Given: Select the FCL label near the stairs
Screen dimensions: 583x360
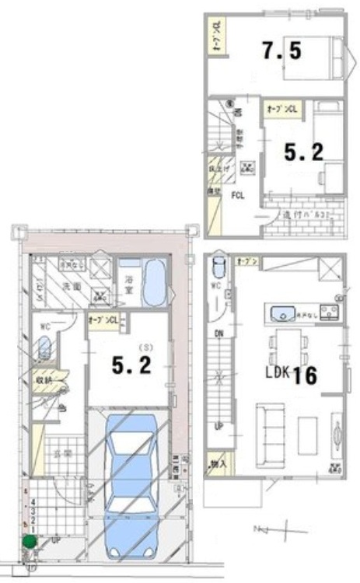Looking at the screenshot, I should (x=236, y=196).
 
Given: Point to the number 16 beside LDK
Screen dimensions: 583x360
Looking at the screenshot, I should (x=304, y=375).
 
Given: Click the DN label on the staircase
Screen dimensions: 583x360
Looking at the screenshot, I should (x=220, y=333).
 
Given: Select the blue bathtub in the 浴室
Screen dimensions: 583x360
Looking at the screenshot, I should (x=156, y=284).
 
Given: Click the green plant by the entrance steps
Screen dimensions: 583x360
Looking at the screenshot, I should (x=29, y=542).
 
